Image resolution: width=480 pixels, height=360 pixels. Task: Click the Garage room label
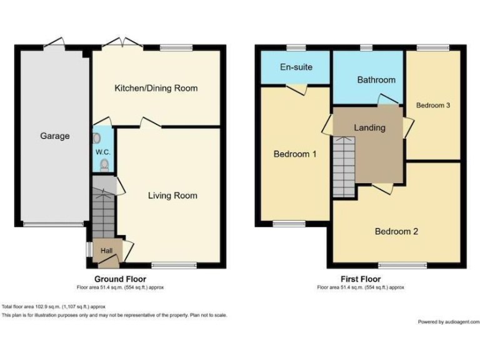(x=55, y=136)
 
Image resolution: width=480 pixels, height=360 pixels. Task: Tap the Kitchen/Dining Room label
(x=156, y=88)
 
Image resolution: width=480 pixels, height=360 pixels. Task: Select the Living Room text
(x=172, y=196)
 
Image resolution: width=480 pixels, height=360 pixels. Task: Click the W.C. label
(x=102, y=152)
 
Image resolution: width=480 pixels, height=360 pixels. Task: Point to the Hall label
(x=106, y=251)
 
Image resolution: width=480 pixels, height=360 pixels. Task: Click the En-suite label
(x=296, y=67)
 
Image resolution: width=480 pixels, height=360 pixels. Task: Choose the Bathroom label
(x=376, y=80)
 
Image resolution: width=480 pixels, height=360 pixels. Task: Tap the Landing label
(x=369, y=127)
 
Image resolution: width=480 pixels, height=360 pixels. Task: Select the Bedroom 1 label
(x=294, y=154)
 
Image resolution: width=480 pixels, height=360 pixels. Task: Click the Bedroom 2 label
(x=396, y=231)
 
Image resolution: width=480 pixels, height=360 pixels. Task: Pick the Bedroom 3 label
(x=433, y=106)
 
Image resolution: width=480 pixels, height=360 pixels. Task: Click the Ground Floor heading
(x=121, y=279)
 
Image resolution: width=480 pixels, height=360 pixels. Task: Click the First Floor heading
(x=360, y=279)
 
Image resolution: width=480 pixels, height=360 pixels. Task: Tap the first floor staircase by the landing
(x=342, y=166)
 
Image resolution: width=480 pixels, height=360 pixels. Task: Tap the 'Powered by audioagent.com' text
(x=448, y=321)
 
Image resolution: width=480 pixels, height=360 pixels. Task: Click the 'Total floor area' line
(x=54, y=306)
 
